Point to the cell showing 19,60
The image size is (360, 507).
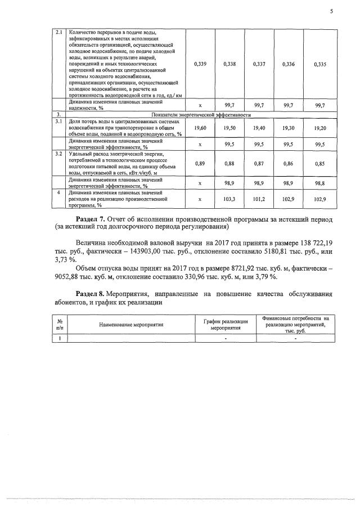(200, 129)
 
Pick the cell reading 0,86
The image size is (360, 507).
(290, 163)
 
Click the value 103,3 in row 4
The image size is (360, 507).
(230, 199)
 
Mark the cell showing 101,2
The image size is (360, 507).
(260, 199)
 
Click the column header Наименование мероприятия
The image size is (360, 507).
(131, 325)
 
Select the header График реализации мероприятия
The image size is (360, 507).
(226, 324)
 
